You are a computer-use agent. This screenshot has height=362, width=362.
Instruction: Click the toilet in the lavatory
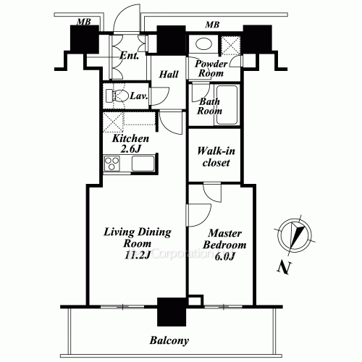[x=117, y=96]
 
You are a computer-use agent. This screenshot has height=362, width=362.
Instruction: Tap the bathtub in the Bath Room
[x=227, y=105]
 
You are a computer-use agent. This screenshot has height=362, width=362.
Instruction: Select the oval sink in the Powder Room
[x=204, y=44]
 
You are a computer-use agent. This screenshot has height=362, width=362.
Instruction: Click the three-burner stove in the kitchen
[x=111, y=164]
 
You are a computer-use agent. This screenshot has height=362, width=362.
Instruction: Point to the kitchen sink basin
[x=143, y=164]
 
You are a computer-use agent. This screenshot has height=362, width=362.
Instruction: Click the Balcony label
[x=169, y=340]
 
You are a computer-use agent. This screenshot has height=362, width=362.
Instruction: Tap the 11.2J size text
[x=137, y=255]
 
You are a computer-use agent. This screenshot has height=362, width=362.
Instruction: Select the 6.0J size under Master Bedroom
[x=224, y=256]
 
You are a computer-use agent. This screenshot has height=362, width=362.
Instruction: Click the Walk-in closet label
[x=216, y=157]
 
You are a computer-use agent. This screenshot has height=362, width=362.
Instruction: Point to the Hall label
[x=169, y=74]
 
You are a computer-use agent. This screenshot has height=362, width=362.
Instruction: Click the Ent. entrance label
[x=130, y=56]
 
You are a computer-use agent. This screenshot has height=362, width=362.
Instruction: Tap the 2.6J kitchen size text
[x=130, y=149]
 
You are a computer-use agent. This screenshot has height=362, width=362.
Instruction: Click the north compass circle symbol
[x=295, y=235]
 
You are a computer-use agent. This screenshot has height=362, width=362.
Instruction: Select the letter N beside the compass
[x=284, y=267]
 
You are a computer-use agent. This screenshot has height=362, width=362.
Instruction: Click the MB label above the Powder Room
[x=212, y=25]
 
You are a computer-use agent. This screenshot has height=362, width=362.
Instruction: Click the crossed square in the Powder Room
[x=231, y=45]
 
